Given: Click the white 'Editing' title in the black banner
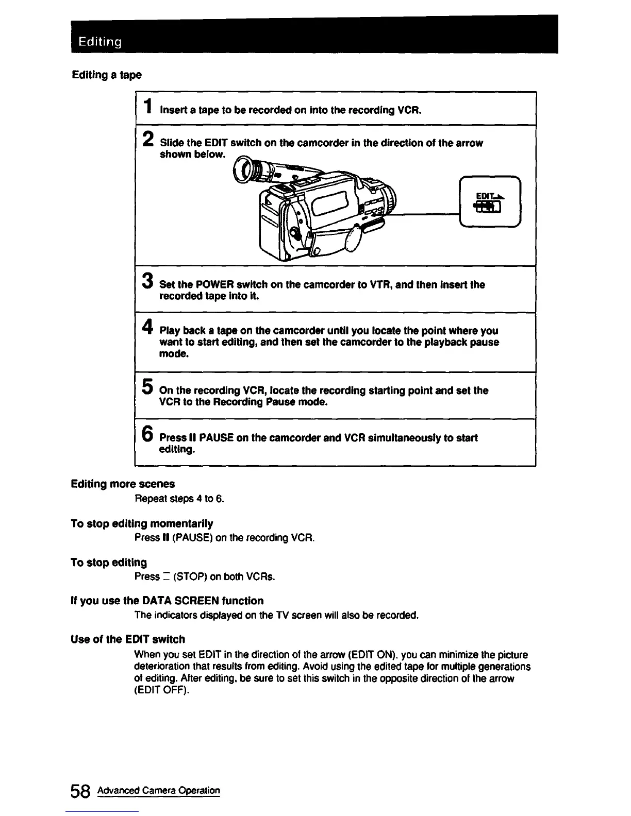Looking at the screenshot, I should (100, 42).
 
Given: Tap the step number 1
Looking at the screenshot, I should (147, 107).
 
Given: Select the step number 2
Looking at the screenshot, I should (147, 139).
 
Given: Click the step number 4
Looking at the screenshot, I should (147, 327).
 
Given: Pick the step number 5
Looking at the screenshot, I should (147, 386).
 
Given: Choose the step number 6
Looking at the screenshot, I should (147, 434).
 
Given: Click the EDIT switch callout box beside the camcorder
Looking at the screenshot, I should (490, 201).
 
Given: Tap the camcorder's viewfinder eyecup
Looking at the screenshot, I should (245, 170).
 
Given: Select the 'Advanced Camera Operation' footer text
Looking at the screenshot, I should (159, 791).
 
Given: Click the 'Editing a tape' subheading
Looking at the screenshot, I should (106, 75).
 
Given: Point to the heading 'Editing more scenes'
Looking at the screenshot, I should (123, 484).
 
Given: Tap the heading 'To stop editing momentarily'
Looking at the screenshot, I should (142, 524).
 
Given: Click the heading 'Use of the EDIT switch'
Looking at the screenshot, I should (128, 639).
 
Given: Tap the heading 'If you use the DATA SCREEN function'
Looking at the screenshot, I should (167, 601).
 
